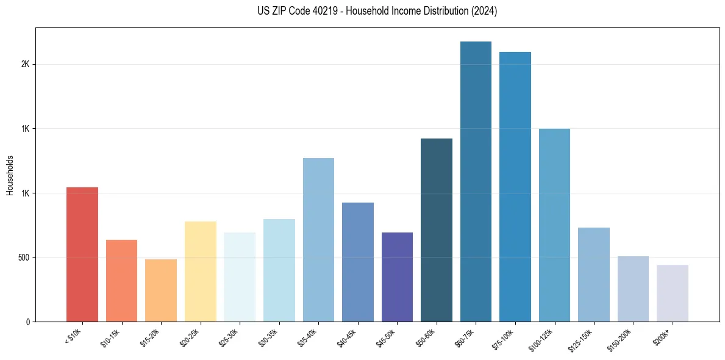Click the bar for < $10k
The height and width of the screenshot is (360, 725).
[x=82, y=254]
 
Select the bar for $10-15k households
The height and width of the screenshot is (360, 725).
[x=121, y=281]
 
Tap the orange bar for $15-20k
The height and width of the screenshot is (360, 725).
[x=161, y=290]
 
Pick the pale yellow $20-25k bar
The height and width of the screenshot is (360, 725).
[x=200, y=272]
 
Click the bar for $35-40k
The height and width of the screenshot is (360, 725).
[x=318, y=240]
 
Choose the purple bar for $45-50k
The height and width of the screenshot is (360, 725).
[x=397, y=277]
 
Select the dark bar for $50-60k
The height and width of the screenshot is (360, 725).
[x=437, y=230]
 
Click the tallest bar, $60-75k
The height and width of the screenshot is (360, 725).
[x=476, y=182]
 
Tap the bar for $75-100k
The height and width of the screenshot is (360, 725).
[x=515, y=187]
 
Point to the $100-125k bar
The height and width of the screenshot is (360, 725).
[x=554, y=225]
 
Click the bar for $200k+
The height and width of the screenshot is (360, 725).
[x=673, y=293]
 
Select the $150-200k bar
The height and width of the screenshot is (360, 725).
[x=633, y=289]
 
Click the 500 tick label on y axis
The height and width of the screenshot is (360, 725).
[x=23, y=257]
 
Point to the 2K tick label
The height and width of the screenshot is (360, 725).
[x=26, y=65]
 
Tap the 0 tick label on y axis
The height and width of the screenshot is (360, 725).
[x=28, y=322]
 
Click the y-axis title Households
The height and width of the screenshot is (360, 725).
[x=10, y=175]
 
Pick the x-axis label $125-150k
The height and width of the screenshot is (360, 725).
[x=580, y=338]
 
